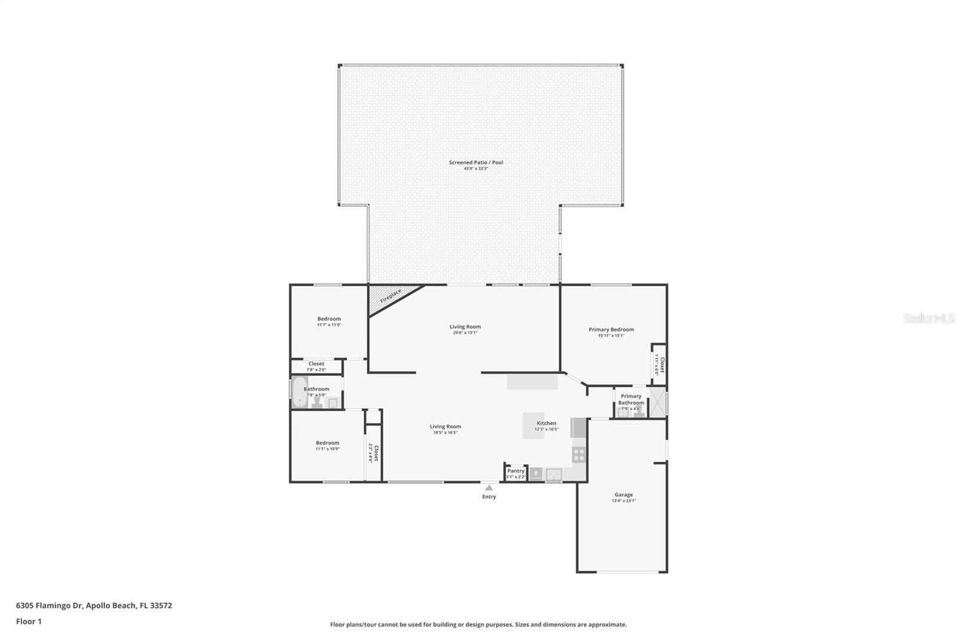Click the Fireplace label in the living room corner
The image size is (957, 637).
point(391,296)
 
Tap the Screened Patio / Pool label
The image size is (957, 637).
point(476,163)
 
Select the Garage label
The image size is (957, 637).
point(623,495)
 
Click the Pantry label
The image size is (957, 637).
point(516,471)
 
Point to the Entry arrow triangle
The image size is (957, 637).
point(489,488)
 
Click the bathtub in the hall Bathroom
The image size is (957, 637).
point(299,393)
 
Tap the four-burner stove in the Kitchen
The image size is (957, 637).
point(578,454)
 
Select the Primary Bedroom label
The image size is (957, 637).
point(611,329)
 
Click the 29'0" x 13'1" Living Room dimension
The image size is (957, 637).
point(465,333)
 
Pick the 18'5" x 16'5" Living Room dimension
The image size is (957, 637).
point(445,433)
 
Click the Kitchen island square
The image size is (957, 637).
point(533,425)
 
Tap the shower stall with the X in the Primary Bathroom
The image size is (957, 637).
point(657,402)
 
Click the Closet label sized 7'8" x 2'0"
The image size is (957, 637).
point(316,363)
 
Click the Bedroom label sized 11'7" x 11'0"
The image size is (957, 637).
point(329,318)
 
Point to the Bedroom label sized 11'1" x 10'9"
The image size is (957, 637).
point(327,443)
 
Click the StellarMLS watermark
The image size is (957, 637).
point(928,318)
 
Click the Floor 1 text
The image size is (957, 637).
point(29,621)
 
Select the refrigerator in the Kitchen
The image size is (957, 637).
point(579,428)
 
